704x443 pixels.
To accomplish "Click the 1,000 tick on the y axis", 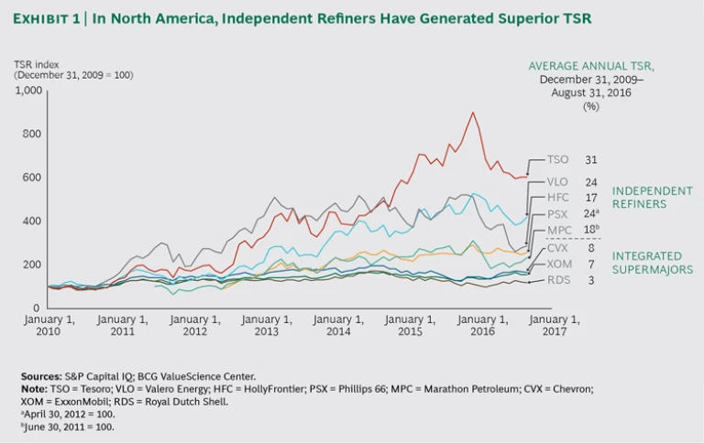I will coord(27,91).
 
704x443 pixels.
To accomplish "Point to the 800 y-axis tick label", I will coord(32,134).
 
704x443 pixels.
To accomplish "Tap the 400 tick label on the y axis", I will coord(32,221).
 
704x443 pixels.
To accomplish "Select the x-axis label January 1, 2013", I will coord(266,326).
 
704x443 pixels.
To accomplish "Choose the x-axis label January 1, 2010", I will coord(49,326).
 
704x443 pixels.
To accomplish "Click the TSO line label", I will coord(557,159).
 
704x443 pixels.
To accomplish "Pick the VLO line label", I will coord(558,180).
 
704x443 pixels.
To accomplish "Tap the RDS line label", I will coord(558,280).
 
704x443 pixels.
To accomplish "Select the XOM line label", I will coord(559,264).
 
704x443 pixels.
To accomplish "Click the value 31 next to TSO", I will coord(591,159).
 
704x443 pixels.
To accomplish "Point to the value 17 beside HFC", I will coord(591,197).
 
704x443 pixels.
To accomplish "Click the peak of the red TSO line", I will coord(472,113).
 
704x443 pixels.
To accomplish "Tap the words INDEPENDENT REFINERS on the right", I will coord(653,197).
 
